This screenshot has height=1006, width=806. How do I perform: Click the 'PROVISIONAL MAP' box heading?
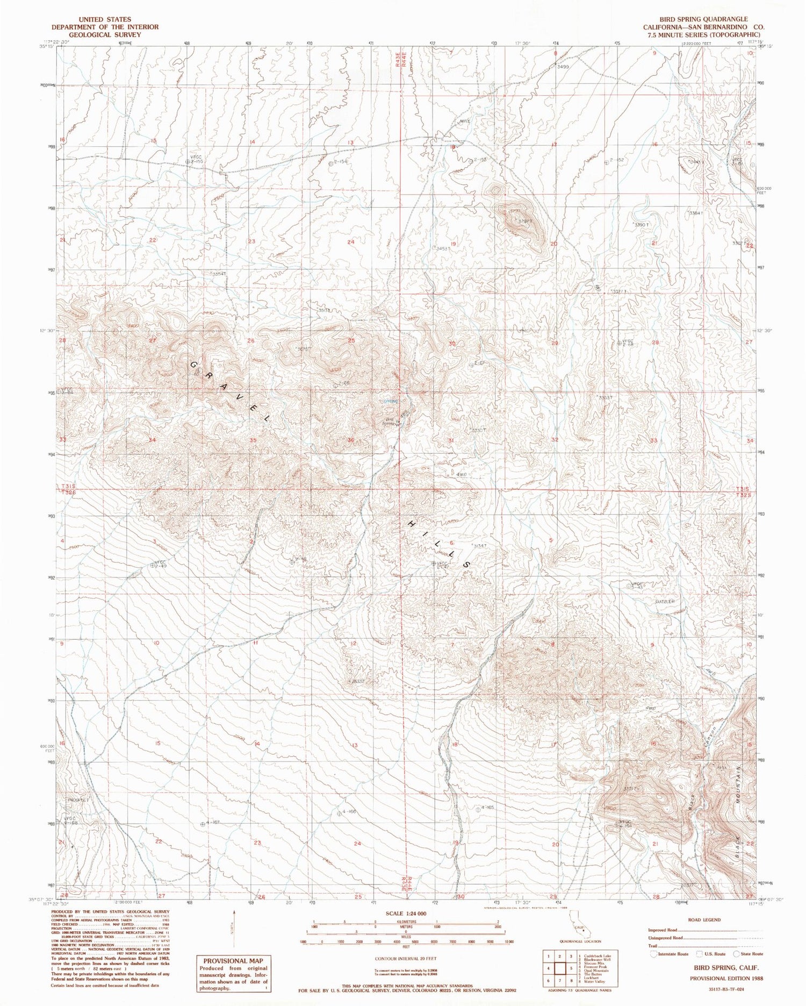233,960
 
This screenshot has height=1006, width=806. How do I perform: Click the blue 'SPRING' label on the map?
391,401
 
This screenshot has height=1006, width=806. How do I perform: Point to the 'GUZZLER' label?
664,601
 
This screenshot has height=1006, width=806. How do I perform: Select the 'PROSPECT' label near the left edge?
78,800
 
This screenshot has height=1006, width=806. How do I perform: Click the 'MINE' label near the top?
465,122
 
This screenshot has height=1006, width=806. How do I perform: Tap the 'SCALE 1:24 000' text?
406,914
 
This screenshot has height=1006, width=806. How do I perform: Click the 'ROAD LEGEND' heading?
703,920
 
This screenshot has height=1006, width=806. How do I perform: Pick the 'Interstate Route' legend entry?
669,954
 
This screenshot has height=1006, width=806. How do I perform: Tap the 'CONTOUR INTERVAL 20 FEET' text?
406,959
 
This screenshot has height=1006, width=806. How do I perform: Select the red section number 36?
351,440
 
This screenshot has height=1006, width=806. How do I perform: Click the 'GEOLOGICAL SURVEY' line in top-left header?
104,34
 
